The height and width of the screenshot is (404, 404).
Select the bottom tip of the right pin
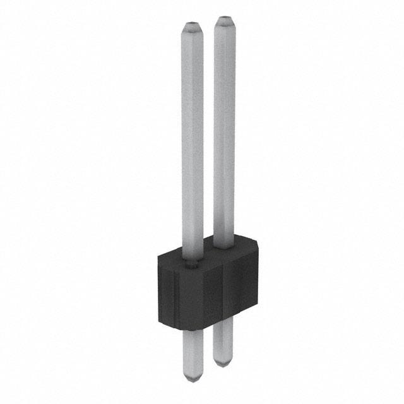coord(222,362)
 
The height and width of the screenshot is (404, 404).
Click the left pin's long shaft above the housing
coord(193,139)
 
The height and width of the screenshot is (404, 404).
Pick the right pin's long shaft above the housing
coord(223,126)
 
